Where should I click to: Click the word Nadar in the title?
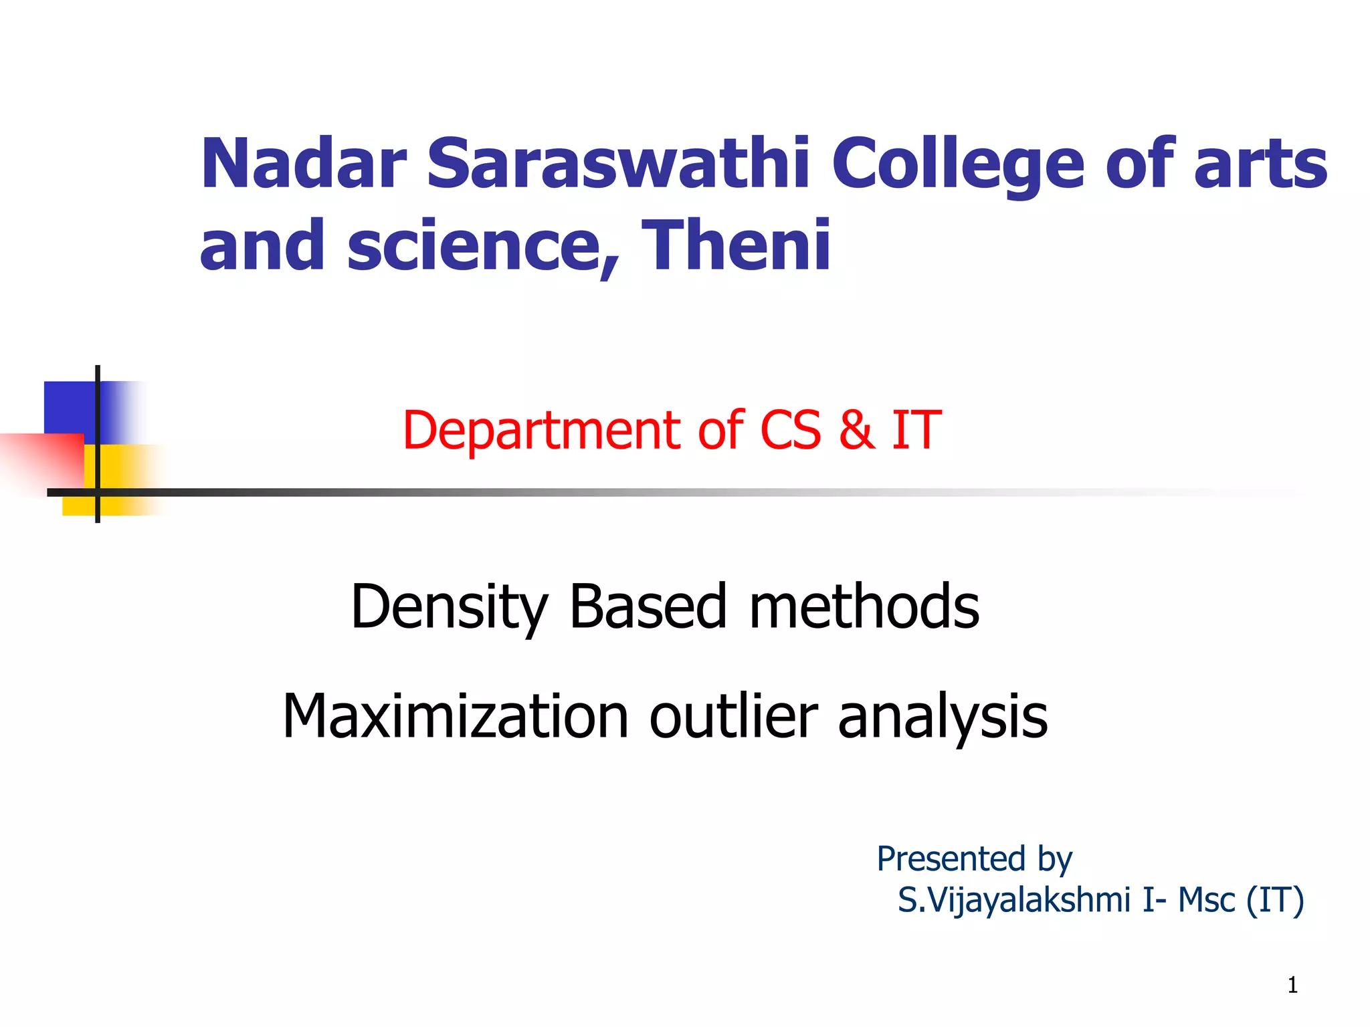(x=303, y=164)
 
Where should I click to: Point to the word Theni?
(x=736, y=245)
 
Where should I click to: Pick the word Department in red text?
(x=541, y=430)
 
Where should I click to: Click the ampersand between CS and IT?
(x=856, y=430)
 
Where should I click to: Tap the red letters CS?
(x=790, y=430)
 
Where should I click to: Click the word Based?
(x=648, y=606)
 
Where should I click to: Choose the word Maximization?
(x=456, y=716)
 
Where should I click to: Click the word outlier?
(x=734, y=716)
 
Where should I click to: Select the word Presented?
(x=951, y=859)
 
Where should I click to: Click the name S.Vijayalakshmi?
(x=1013, y=900)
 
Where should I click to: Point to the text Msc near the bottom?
(x=1205, y=900)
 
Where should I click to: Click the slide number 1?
(x=1292, y=985)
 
